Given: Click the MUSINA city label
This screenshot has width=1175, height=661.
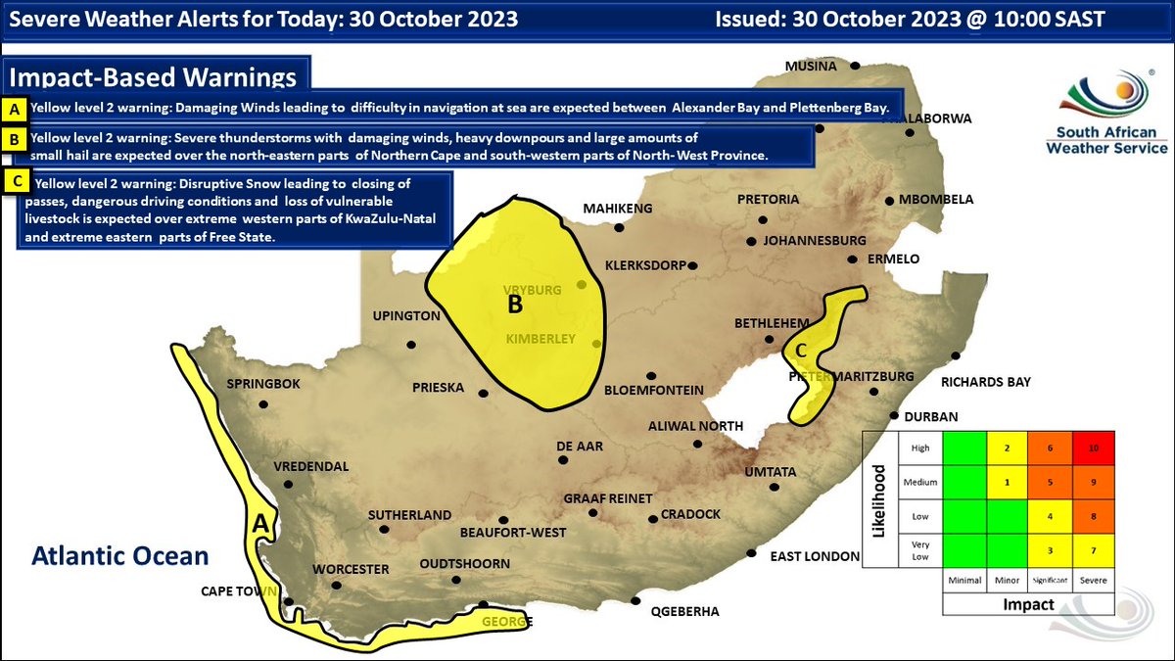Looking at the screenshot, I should pyautogui.click(x=811, y=67).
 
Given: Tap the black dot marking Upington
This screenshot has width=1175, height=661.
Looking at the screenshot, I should pyautogui.click(x=410, y=344).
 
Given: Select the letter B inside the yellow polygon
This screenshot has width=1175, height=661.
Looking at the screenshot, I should pyautogui.click(x=515, y=305).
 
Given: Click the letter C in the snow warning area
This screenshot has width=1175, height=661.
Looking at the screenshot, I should pyautogui.click(x=800, y=350).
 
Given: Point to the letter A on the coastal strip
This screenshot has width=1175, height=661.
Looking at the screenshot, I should pyautogui.click(x=260, y=524).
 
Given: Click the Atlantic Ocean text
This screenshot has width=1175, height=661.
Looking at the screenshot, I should pyautogui.click(x=119, y=556).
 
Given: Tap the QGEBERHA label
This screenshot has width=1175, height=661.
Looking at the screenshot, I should pyautogui.click(x=684, y=612).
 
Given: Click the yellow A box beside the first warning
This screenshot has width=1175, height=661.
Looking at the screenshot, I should pyautogui.click(x=16, y=108).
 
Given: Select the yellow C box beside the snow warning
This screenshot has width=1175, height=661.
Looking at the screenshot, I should pyautogui.click(x=16, y=181).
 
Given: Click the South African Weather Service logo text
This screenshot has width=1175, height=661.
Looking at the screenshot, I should pyautogui.click(x=1106, y=140).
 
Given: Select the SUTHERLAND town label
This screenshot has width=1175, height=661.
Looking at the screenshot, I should pyautogui.click(x=409, y=515).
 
